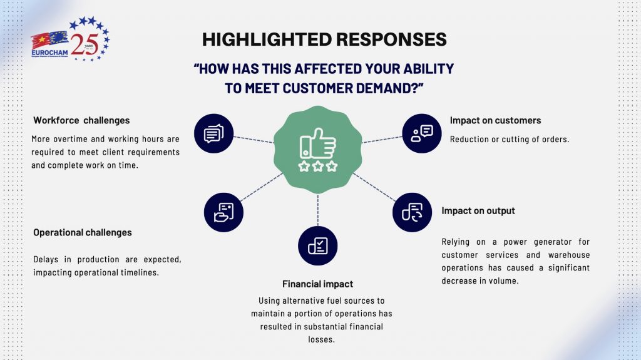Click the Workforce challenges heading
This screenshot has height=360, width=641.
click(81, 120)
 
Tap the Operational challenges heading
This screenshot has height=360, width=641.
click(83, 232)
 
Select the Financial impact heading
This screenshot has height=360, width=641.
click(317, 284)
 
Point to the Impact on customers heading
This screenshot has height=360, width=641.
click(495, 120)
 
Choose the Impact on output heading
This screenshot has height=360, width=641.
click(478, 211)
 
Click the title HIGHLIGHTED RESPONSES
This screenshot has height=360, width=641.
click(324, 39)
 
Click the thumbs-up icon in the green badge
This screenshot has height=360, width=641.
click(317, 143)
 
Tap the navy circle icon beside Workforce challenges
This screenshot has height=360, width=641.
click(214, 133)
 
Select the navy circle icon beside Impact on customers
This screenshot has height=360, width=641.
click(421, 133)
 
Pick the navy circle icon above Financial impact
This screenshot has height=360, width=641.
click(317, 246)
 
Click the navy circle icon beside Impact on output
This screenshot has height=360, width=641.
click(412, 212)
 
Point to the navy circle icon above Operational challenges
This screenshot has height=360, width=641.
click(223, 212)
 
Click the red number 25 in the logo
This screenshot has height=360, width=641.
click(85, 44)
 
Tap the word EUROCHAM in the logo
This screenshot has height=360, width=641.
click(49, 53)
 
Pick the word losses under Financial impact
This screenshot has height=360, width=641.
click(321, 339)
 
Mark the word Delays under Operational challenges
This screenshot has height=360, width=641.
click(45, 259)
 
